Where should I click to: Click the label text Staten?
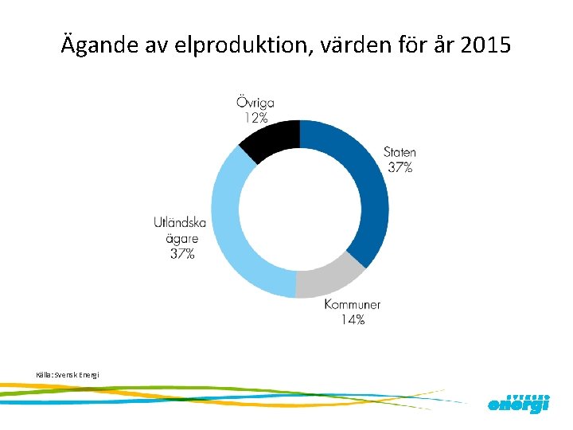coord(400,152)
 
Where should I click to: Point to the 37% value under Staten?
coord(400,167)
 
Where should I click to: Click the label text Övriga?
coord(255,103)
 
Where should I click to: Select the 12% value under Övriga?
coord(255,118)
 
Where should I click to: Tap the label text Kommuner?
coord(353,304)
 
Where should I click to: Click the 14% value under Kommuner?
coord(353,319)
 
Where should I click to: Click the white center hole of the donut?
coord(299,209)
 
